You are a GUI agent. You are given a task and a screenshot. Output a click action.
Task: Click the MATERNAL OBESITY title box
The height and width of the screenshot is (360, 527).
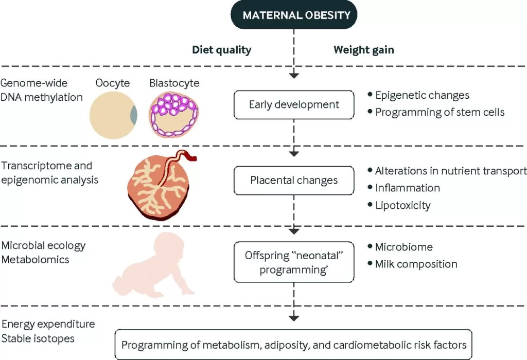(293, 15)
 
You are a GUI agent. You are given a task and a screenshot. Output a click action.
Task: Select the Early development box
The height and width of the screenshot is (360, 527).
(294, 105)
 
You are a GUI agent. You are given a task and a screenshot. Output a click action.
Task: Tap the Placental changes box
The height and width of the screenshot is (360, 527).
(294, 181)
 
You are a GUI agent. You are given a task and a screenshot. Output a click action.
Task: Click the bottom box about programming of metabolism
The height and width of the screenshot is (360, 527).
(293, 345)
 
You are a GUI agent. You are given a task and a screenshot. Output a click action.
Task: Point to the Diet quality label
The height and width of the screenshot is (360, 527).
(221, 50)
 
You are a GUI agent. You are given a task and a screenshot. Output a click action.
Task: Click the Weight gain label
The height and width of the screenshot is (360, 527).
(364, 50)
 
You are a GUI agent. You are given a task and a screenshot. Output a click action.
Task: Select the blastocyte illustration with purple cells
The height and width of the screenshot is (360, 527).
(174, 114)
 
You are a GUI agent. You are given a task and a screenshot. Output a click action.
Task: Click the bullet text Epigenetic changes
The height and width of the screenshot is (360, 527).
(422, 95)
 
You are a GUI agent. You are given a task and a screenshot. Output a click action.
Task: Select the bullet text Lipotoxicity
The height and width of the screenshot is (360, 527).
(402, 205)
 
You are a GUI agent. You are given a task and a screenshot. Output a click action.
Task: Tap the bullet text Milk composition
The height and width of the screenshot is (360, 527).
(416, 264)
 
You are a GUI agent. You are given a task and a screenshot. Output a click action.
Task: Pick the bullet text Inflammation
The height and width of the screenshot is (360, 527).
(407, 188)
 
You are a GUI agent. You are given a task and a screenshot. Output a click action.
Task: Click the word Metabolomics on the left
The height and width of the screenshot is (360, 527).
(35, 260)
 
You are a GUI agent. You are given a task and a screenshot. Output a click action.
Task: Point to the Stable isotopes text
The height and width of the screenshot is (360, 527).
(38, 338)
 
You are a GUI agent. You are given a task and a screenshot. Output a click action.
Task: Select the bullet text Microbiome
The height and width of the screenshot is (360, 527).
(404, 247)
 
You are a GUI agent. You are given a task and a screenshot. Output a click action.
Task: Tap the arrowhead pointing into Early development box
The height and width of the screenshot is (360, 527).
(294, 75)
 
